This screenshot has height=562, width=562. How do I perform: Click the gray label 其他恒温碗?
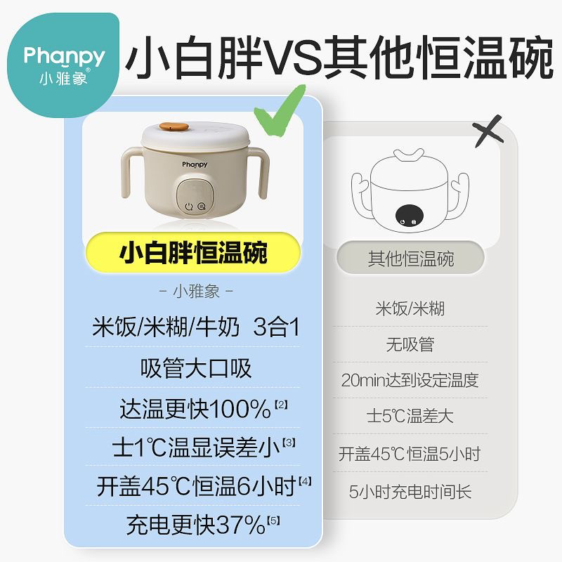(x=411, y=258)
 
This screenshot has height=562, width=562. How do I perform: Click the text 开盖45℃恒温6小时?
(x=196, y=486)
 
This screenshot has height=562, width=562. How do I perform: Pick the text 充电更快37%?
(x=196, y=525)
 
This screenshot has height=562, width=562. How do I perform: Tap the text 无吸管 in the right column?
(x=410, y=344)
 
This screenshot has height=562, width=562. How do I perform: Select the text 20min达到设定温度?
(x=410, y=380)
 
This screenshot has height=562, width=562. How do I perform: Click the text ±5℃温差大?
(x=410, y=416)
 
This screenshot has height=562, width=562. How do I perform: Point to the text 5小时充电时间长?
(x=410, y=491)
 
